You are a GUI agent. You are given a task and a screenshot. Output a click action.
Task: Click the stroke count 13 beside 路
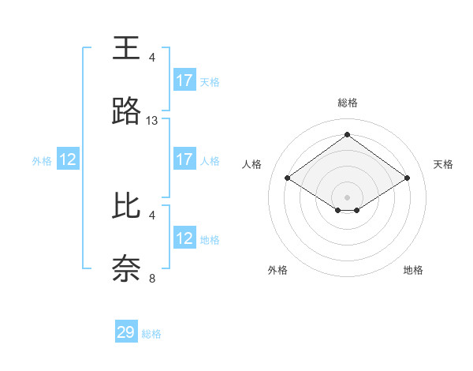point(152,121)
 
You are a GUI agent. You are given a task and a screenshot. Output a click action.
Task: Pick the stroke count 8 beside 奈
point(152,278)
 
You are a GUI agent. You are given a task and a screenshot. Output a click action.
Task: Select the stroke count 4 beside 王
point(152,58)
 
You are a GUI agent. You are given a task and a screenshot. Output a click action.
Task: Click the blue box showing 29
point(126,332)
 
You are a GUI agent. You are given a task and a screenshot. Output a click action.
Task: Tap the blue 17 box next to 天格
point(184,81)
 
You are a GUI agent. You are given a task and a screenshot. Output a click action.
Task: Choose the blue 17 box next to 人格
point(184,159)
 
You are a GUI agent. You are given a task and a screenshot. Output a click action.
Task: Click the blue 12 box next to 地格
point(184,238)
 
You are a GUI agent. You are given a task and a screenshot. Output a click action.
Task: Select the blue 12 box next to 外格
point(68,159)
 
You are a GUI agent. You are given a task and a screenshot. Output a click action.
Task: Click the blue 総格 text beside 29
point(151,334)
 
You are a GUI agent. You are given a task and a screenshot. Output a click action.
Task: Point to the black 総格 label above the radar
point(348,103)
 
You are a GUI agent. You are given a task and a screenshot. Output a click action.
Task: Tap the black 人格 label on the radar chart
point(252,164)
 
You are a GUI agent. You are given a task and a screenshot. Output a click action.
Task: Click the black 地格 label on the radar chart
point(413,270)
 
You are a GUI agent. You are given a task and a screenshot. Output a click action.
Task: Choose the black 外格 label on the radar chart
point(277,270)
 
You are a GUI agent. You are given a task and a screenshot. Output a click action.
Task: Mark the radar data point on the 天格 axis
point(408,178)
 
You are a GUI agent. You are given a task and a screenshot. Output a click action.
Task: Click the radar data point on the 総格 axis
point(348,134)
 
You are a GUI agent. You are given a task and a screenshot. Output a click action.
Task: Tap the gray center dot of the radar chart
point(348,197)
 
